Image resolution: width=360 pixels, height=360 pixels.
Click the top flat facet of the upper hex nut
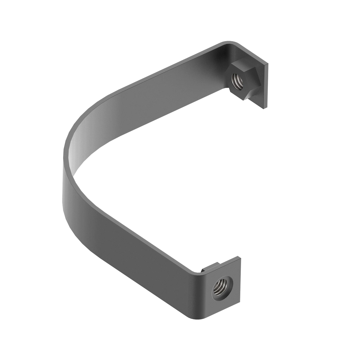pyautogui.click(x=243, y=69)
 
